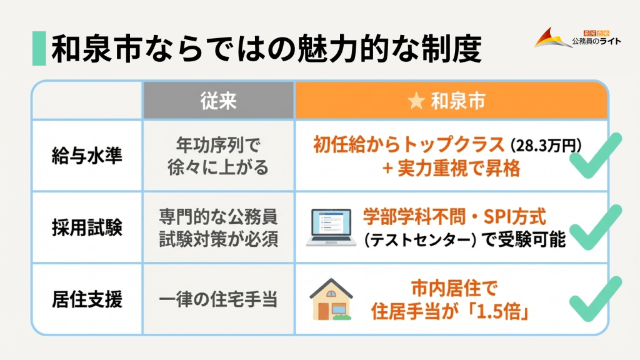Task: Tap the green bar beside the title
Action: (39, 49)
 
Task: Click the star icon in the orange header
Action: (415, 102)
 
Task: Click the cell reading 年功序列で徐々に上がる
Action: (219, 156)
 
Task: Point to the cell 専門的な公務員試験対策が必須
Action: (219, 228)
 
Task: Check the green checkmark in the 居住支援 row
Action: (594, 299)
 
